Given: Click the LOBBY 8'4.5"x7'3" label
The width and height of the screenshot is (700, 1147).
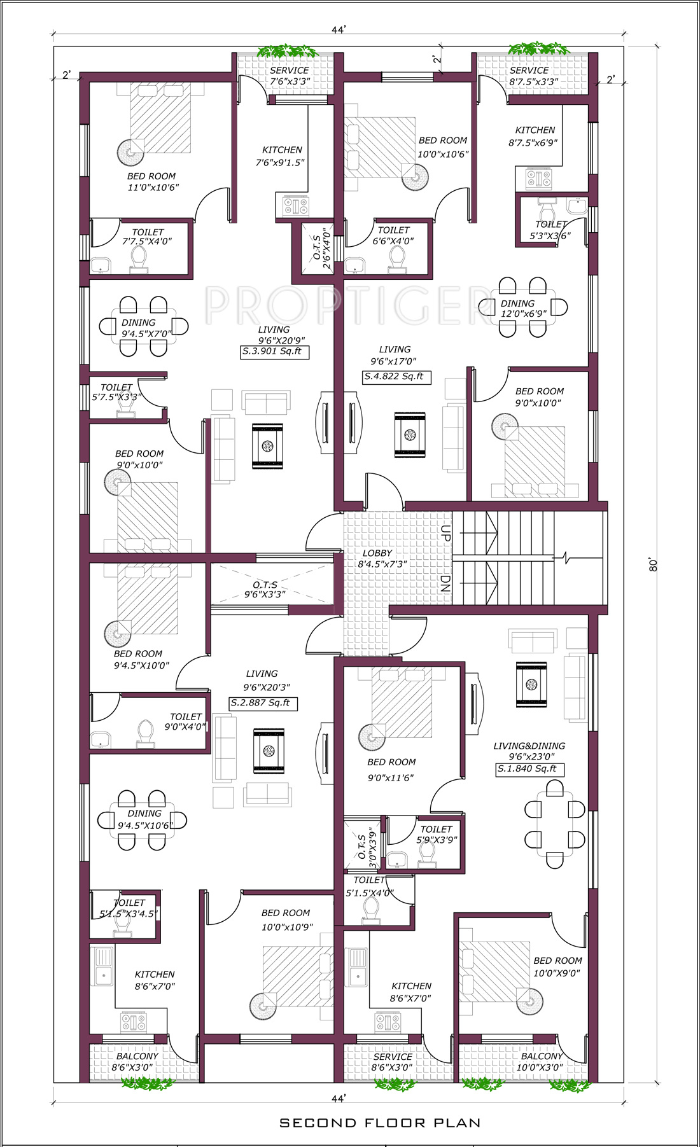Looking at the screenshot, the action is (x=382, y=559).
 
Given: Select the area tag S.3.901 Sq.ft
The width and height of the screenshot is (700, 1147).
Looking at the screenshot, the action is (x=274, y=352).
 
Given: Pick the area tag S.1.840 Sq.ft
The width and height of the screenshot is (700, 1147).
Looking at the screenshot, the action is (x=530, y=769).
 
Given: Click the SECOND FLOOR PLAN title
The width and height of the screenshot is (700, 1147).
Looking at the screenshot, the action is (x=380, y=1123).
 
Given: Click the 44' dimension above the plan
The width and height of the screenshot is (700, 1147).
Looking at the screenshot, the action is (x=339, y=30).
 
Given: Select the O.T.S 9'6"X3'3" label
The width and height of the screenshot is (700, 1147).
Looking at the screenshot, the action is (x=265, y=590).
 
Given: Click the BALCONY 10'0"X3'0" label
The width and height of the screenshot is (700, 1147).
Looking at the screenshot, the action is (x=541, y=1062).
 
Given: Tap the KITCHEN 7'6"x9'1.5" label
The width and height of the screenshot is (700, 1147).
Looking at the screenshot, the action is (x=281, y=156).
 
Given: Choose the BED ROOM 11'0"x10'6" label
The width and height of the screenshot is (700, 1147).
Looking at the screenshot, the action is (x=153, y=182).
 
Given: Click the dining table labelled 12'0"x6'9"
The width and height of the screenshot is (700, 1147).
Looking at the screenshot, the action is (x=523, y=308).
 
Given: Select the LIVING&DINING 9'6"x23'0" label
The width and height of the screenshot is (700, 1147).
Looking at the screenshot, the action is (x=529, y=751).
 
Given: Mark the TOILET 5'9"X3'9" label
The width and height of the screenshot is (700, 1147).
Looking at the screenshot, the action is (x=437, y=835).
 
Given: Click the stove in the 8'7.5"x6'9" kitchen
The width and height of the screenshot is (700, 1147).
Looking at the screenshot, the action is (x=538, y=178).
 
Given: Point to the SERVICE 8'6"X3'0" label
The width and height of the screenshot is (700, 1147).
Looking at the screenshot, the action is (x=393, y=1062).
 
